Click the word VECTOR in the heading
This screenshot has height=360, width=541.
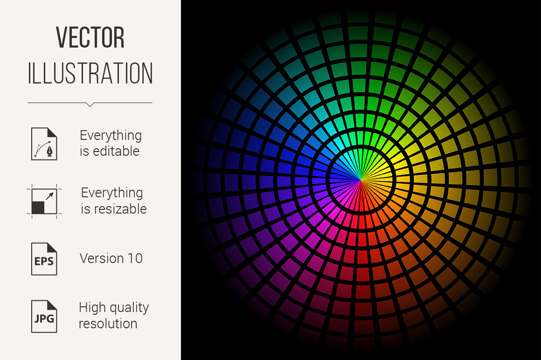pyautogui.click(x=90, y=37)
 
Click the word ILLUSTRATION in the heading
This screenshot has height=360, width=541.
pyautogui.click(x=90, y=73)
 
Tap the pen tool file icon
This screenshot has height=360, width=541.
pyautogui.click(x=44, y=144)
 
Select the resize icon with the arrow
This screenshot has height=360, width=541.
pyautogui.click(x=44, y=201)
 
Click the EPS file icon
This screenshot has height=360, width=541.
pyautogui.click(x=44, y=259)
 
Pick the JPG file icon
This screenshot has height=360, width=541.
pyautogui.click(x=44, y=317)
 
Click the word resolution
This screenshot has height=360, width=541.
pyautogui.click(x=108, y=324)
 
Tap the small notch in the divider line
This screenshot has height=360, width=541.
pyautogui.click(x=90, y=104)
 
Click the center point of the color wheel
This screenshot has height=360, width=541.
pyautogui.click(x=361, y=180)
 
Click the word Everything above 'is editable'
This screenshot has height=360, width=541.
pyautogui.click(x=111, y=136)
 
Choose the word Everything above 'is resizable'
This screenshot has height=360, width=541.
pyautogui.click(x=112, y=193)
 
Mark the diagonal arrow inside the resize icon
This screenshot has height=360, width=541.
pyautogui.click(x=50, y=196)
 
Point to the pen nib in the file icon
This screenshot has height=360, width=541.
pyautogui.click(x=50, y=152)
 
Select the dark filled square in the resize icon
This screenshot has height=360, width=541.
pyautogui.click(x=38, y=208)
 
